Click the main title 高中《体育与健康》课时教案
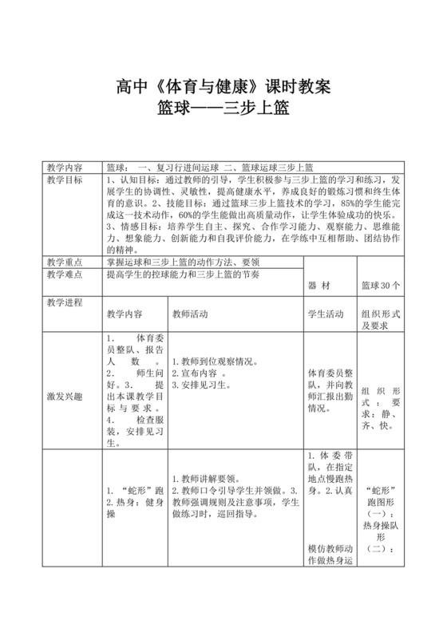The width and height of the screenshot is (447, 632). click(x=223, y=86)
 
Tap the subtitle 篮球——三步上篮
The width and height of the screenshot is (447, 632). click(x=223, y=109)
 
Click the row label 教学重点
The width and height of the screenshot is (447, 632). click(x=64, y=262)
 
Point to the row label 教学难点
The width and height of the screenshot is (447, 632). click(x=64, y=274)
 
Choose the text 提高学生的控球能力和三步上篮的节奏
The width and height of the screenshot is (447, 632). click(x=195, y=274)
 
